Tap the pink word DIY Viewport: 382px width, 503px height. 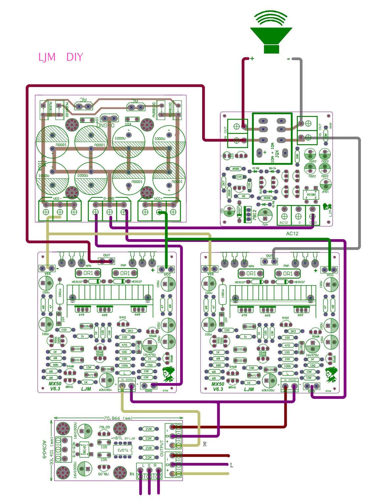point(75,57)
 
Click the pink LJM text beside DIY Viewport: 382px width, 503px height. point(47,57)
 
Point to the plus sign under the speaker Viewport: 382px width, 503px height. point(252,59)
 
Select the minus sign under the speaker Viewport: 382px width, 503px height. point(288,59)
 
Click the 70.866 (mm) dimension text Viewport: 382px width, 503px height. point(118,419)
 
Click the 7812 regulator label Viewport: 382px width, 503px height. point(254,215)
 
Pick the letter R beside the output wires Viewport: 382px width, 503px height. point(205,444)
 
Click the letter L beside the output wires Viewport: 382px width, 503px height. point(231,465)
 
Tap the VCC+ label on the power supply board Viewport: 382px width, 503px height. point(159,198)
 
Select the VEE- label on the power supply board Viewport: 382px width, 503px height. point(59,198)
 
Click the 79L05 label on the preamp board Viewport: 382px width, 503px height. point(104,427)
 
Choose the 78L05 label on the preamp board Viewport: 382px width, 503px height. point(104,474)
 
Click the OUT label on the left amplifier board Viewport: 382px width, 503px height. point(107,255)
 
